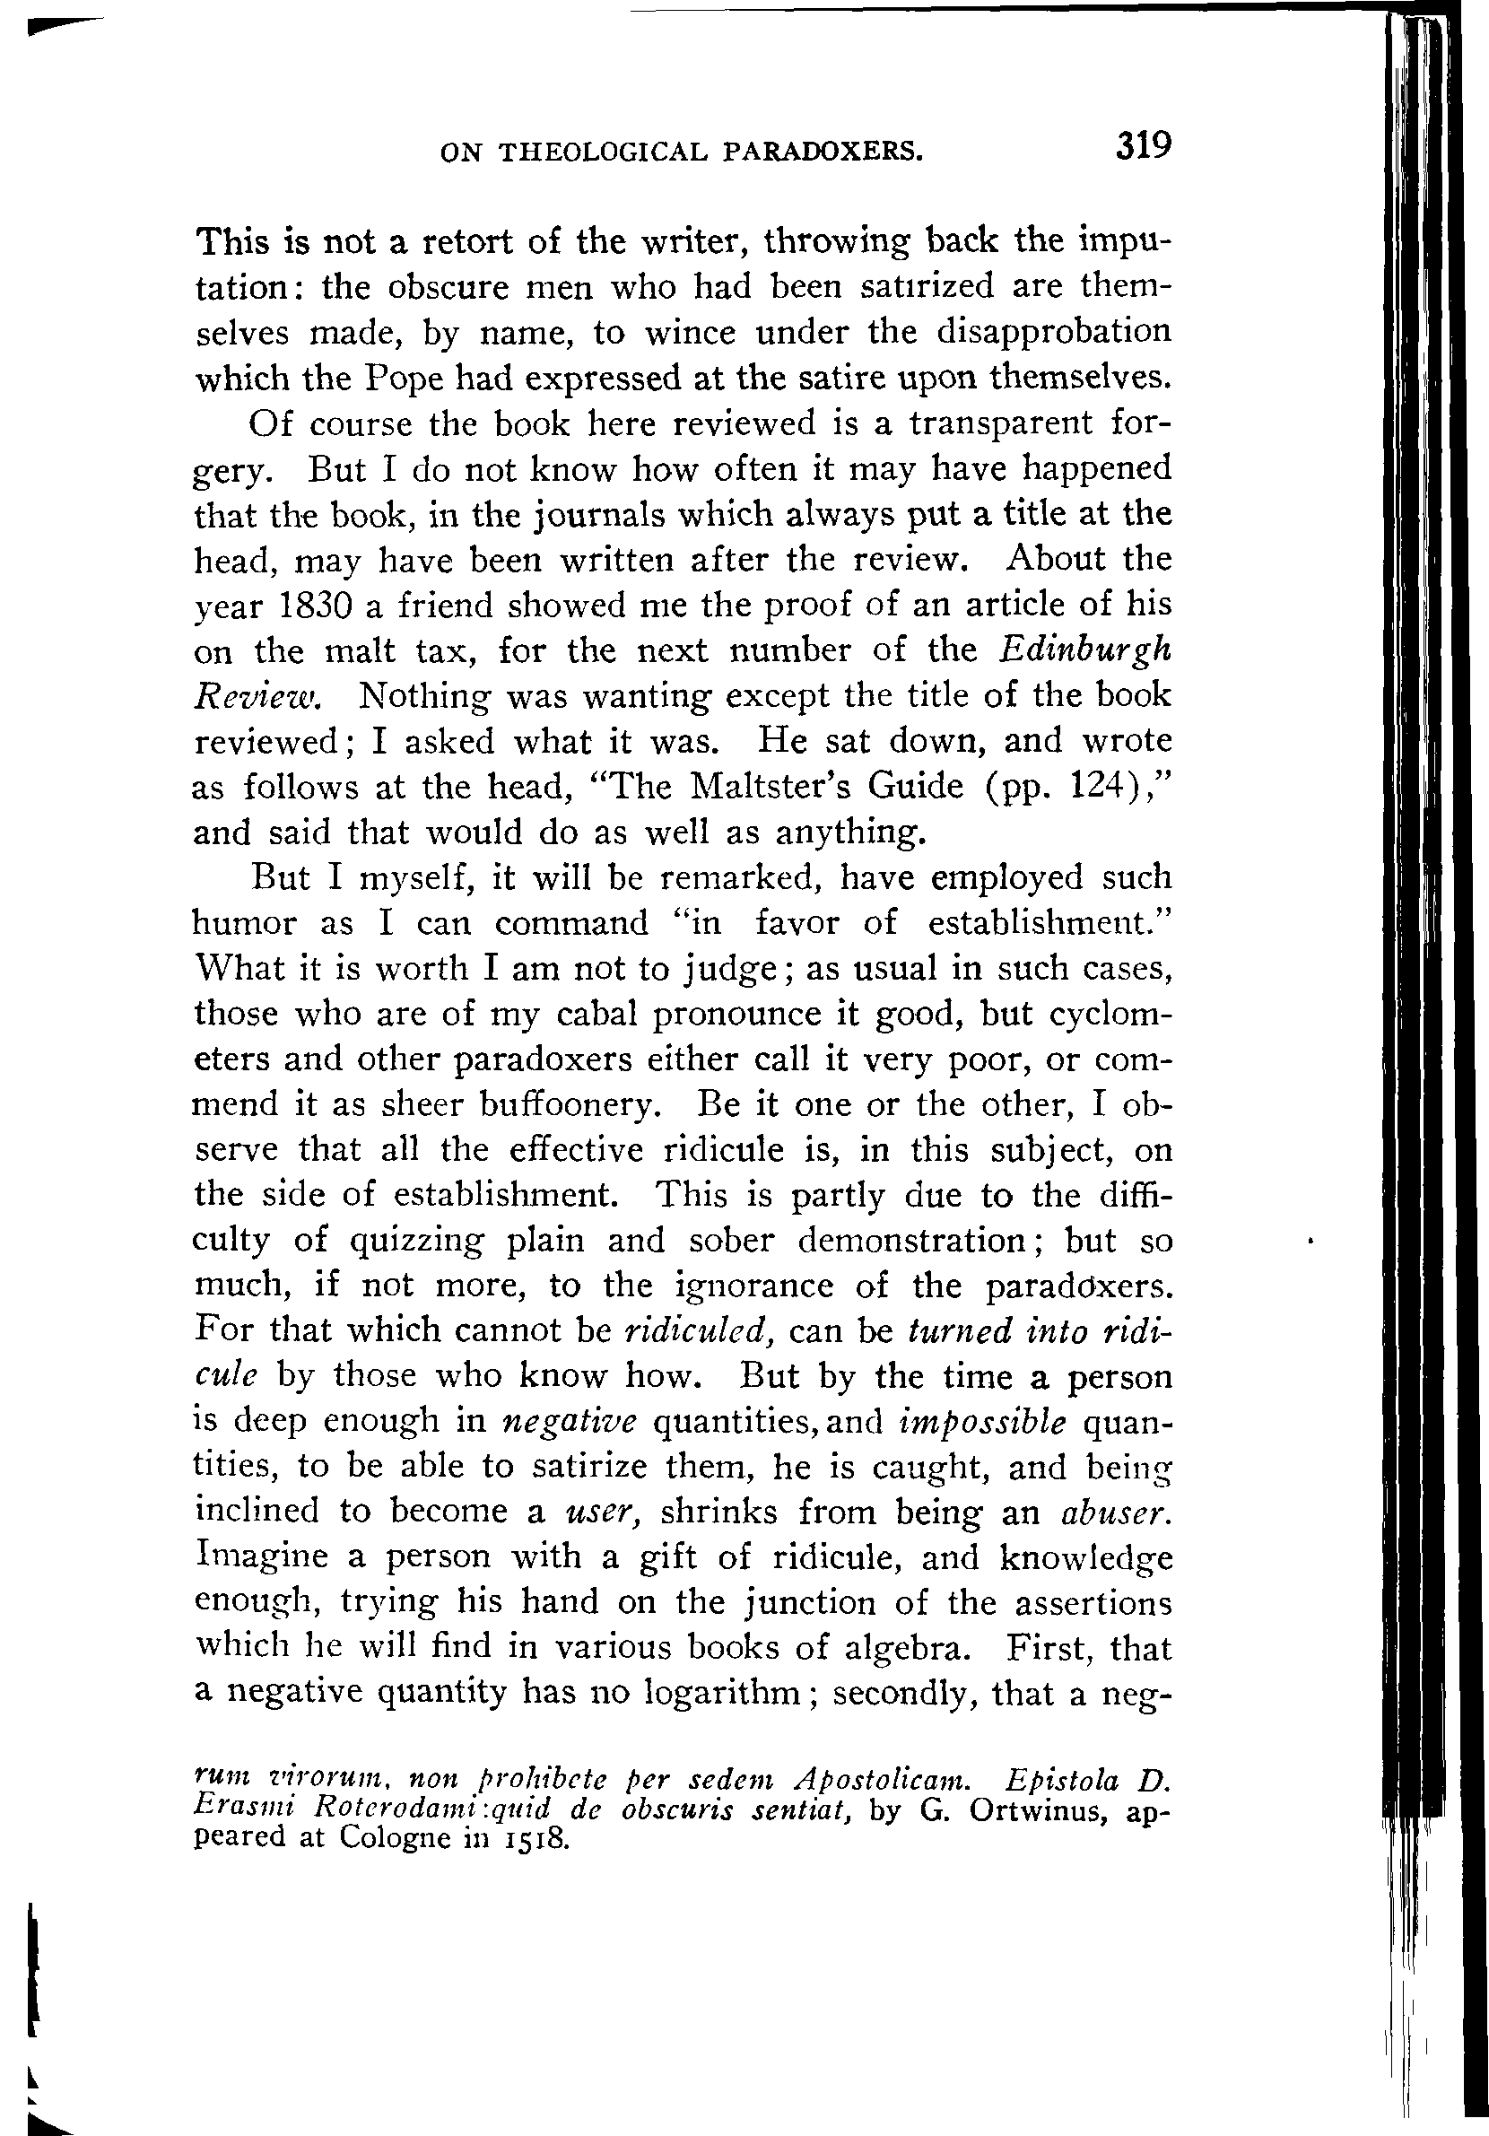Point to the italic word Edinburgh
tap(1084, 650)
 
